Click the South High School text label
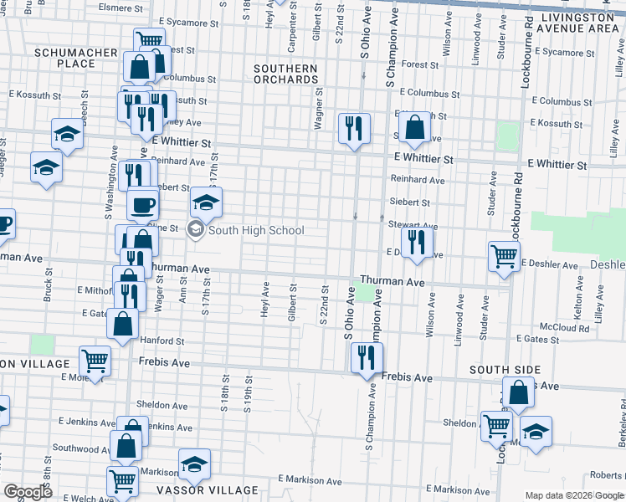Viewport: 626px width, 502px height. point(256,230)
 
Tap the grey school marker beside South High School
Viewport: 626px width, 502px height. point(196,230)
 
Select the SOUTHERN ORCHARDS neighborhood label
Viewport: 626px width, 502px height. point(287,74)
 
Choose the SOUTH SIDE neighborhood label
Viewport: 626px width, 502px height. point(505,370)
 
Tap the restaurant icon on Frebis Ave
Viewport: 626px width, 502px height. point(367,358)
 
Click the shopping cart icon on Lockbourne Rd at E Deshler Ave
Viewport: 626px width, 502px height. point(504,255)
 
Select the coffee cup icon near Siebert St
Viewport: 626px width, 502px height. point(142,203)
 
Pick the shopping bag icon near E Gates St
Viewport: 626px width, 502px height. point(123,324)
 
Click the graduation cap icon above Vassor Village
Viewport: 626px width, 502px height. point(194,463)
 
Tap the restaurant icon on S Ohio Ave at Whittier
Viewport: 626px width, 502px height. point(354,127)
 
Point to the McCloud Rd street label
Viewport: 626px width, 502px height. point(565,328)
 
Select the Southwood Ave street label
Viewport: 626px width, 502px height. point(75,448)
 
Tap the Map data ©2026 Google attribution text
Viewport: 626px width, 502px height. point(574,495)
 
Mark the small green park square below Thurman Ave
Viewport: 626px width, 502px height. point(365,293)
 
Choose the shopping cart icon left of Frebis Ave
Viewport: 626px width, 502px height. point(95,361)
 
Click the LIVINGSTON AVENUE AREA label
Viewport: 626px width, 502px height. point(580,23)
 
